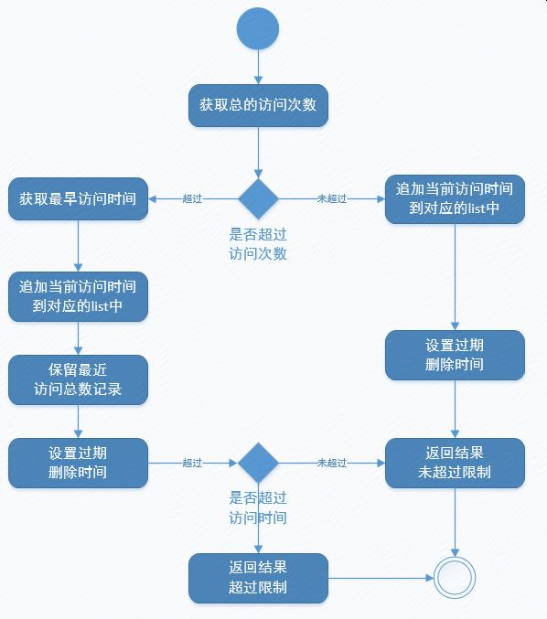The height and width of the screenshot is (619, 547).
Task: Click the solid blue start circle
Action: (258, 28)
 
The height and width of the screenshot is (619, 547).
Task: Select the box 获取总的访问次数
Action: (258, 105)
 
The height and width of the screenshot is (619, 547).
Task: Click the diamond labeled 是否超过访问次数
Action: (258, 198)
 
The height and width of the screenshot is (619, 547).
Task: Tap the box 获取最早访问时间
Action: (78, 198)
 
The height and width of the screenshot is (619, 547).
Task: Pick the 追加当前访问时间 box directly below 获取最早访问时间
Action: (78, 296)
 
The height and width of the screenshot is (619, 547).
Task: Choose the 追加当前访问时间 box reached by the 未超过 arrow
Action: (455, 199)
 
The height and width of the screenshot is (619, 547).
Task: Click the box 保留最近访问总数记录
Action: (78, 379)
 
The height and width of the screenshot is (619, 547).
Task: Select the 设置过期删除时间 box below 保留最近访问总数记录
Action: (78, 463)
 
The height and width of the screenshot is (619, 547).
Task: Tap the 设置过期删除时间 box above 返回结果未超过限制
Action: (455, 356)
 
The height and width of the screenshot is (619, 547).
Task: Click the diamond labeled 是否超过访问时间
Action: (258, 463)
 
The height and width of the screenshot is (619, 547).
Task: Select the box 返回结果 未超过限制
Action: (455, 463)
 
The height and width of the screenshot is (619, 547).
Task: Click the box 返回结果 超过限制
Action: (258, 578)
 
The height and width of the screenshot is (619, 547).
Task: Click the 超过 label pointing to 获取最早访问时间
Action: (192, 198)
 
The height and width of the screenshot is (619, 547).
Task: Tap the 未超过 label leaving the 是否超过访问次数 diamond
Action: (332, 198)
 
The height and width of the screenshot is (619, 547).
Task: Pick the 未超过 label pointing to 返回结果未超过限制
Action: (332, 463)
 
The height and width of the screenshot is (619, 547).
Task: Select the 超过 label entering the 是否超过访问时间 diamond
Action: (192, 463)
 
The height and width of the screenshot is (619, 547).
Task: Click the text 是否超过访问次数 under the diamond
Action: (258, 244)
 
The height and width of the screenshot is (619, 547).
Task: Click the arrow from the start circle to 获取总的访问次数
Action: (258, 67)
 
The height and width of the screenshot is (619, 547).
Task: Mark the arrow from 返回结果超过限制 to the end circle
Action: (381, 578)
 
